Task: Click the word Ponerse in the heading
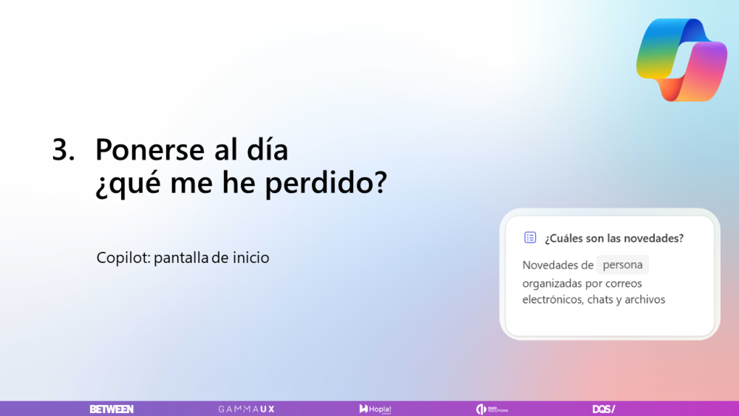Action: pos(150,150)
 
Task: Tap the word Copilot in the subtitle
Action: pos(122,259)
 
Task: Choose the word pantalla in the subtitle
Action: pos(181,259)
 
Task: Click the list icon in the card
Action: pos(530,238)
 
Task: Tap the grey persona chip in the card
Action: pos(622,265)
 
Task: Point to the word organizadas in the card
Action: pos(554,283)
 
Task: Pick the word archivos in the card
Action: pos(644,299)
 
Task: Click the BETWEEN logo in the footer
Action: pos(112,409)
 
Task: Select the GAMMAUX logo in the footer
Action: pos(246,409)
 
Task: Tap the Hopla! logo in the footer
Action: pos(375,409)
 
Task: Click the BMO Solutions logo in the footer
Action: pos(492,409)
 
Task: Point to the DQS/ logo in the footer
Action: pos(603,409)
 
